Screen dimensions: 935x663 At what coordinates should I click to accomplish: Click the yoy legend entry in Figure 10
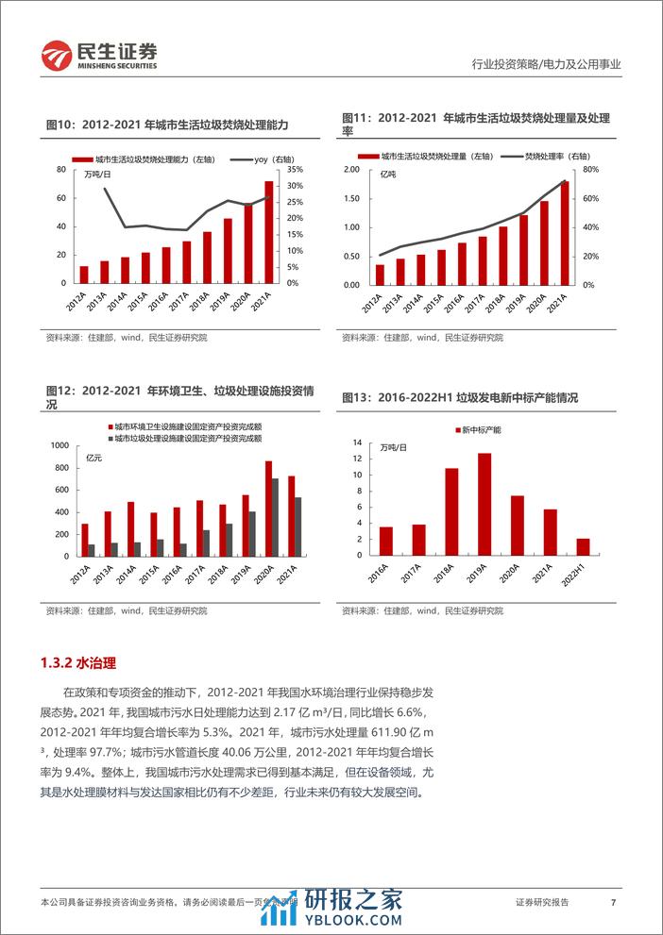tap(244, 158)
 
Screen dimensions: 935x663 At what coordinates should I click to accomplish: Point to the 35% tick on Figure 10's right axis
tap(293, 170)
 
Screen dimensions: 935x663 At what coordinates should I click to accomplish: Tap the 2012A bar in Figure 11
tap(380, 275)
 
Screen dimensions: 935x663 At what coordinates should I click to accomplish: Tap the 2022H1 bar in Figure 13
tap(583, 547)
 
